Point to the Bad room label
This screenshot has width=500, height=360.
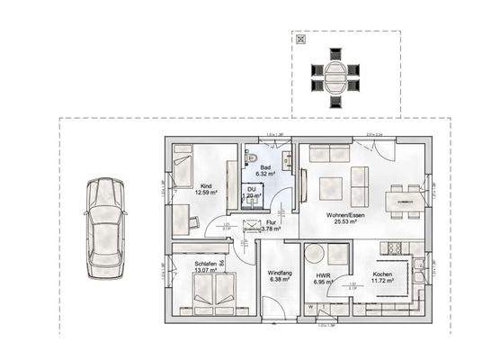pos(265,168)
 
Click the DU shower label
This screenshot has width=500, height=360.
pos(253,188)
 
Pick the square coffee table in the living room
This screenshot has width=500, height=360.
pos(329,188)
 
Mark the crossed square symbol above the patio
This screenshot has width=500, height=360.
pos(302,40)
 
